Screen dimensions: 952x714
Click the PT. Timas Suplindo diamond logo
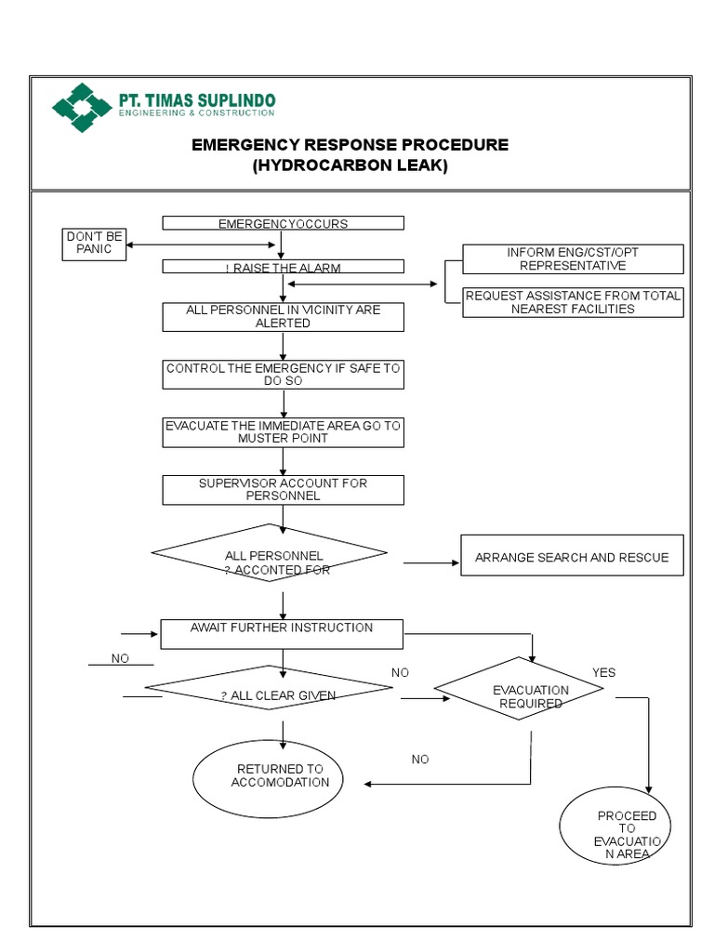pyautogui.click(x=83, y=108)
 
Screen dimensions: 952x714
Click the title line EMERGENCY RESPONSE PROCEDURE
pyautogui.click(x=350, y=145)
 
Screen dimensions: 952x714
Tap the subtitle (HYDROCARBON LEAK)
pyautogui.click(x=350, y=166)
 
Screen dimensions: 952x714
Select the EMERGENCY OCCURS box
pyautogui.click(x=283, y=223)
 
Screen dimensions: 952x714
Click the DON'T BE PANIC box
pyautogui.click(x=94, y=244)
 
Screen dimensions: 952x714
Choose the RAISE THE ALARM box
pyautogui.click(x=283, y=268)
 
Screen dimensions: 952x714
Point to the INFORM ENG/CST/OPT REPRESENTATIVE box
pyautogui.click(x=573, y=258)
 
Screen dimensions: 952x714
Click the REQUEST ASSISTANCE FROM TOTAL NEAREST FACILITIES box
pyautogui.click(x=573, y=302)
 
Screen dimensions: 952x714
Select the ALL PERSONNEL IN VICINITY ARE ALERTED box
pyautogui.click(x=283, y=316)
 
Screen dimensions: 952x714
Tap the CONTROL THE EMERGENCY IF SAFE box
pyautogui.click(x=283, y=375)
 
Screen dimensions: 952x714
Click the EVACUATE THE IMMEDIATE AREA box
pyautogui.click(x=283, y=431)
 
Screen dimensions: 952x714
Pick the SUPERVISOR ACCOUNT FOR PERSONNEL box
pyautogui.click(x=283, y=490)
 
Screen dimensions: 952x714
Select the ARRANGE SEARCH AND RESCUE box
pyautogui.click(x=572, y=556)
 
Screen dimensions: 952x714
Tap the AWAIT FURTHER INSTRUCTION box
pyautogui.click(x=282, y=634)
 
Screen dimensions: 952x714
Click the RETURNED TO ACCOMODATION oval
pyautogui.click(x=268, y=775)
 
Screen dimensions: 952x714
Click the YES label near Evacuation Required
pyautogui.click(x=603, y=672)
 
